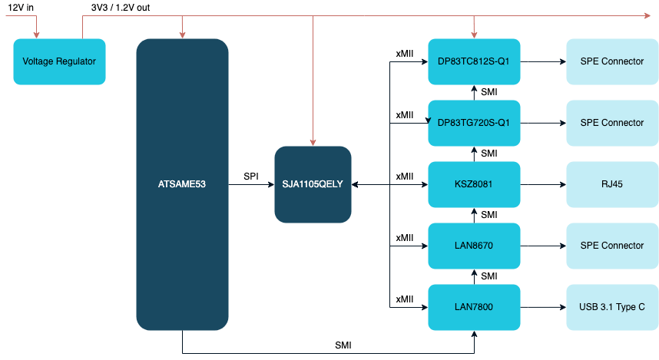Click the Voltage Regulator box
59,61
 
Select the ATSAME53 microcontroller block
182,184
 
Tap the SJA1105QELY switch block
313,184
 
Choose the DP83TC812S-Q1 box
474,61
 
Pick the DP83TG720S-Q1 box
474,123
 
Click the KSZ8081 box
474,184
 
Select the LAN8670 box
474,246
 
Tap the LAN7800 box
474,307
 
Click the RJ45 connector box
611,184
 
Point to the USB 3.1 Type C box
611,307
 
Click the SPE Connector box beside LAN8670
611,246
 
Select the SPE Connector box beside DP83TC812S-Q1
611,61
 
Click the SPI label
250,177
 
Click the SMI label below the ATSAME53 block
343,346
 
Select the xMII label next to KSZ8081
405,177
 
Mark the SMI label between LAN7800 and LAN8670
489,276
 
